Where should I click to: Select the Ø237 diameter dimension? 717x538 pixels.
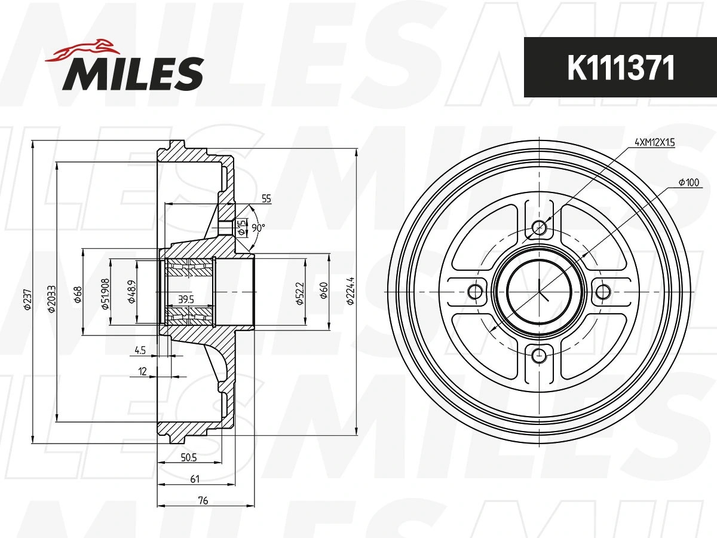point(27,298)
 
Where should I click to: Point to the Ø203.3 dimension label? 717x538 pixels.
point(51,298)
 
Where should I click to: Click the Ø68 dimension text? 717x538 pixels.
point(78,295)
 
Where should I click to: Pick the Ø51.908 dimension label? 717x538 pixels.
point(105,294)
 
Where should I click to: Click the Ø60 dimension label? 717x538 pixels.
point(323,291)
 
